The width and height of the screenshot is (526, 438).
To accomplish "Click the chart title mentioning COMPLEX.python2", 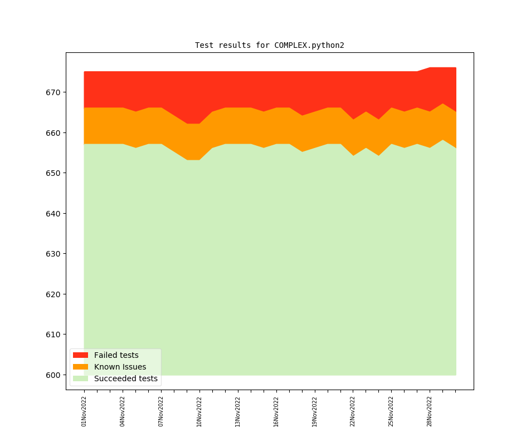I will (269, 45).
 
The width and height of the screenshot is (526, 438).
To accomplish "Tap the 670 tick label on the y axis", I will (54, 92).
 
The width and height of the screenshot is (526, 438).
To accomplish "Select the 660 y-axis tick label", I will (54, 133).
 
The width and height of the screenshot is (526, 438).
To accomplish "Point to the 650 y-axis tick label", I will (54, 173).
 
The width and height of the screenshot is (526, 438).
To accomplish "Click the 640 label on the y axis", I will (54, 214).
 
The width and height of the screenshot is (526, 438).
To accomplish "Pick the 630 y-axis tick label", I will (54, 254).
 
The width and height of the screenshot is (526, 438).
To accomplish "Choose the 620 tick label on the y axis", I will (54, 294).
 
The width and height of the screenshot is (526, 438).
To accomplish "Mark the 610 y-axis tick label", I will (54, 334).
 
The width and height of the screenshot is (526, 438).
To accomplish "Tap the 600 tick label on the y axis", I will (54, 375).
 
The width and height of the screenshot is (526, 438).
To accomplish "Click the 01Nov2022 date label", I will (84, 411).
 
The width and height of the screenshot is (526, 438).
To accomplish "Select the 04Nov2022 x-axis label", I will (123, 411).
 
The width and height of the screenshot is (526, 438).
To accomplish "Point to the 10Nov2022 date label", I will (199, 411).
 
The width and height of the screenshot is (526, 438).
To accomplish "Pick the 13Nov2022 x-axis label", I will (238, 411).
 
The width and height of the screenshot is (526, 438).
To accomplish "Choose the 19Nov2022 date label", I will (315, 411).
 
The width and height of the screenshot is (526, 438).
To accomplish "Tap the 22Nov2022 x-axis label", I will (353, 411).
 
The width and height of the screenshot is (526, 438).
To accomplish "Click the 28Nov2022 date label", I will (430, 411).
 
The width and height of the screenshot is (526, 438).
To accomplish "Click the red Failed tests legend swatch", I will (80, 355).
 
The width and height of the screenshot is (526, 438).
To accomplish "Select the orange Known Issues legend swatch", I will (80, 367).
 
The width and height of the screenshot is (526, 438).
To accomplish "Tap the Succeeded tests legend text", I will (125, 379).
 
